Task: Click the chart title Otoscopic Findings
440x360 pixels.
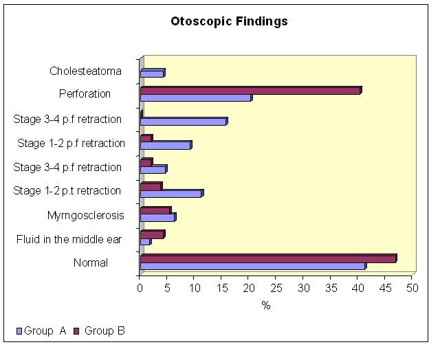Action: (229, 21)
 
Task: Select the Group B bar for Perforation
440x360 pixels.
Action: (251, 91)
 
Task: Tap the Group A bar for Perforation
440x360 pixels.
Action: (197, 98)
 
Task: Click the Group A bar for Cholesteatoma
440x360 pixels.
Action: (153, 73)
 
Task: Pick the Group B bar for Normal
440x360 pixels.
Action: (269, 258)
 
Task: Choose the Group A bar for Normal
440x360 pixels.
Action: (254, 266)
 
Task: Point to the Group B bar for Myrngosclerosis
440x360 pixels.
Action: (156, 210)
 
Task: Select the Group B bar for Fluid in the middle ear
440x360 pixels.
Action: (153, 234)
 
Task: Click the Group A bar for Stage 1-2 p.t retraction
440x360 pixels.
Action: (172, 194)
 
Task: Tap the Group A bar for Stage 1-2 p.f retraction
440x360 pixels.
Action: (166, 145)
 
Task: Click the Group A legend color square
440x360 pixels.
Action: (19, 331)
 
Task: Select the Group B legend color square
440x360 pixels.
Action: (76, 331)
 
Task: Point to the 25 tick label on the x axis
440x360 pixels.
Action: (276, 289)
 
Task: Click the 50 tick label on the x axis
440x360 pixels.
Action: (412, 289)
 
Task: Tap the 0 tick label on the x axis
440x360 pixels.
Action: (140, 289)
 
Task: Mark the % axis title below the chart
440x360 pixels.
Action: (266, 305)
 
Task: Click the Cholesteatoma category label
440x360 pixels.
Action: (85, 71)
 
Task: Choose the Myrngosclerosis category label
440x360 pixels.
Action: (85, 216)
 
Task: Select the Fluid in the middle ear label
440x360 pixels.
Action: (69, 240)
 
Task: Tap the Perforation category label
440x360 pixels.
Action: (85, 93)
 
